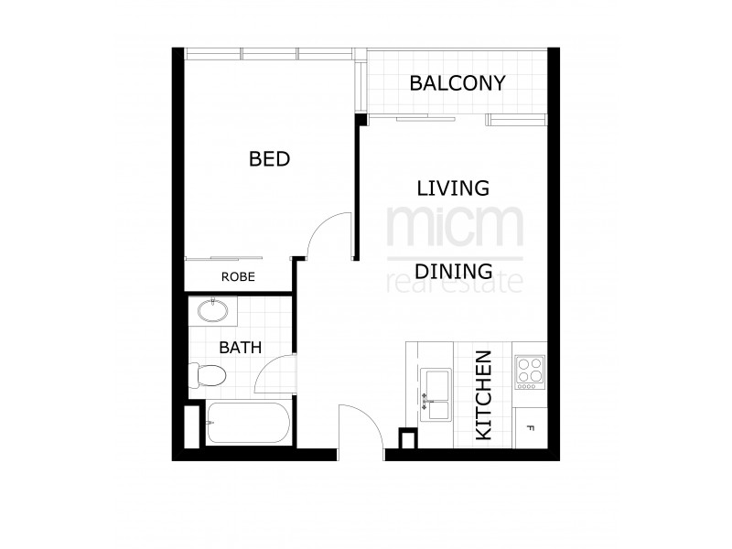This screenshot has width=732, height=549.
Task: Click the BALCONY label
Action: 457,83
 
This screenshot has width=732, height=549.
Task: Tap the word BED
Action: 269,159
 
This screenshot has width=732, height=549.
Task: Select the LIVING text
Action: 453,188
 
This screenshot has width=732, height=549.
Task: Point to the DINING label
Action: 453,272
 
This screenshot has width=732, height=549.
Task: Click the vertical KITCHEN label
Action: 485,395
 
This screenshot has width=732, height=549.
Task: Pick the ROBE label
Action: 237,276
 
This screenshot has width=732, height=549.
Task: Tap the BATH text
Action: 241,348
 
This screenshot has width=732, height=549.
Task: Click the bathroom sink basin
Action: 213,311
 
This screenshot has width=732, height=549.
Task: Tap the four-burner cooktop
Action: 530,371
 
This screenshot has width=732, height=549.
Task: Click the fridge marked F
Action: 531,427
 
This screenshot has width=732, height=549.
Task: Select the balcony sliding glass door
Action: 425,118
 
